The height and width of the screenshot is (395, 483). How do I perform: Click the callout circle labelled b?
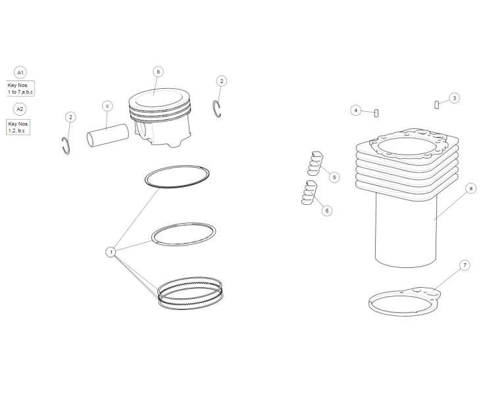tap(158, 71)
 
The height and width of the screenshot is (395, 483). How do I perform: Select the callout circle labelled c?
tap(107, 105)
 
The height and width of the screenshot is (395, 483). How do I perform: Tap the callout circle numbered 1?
tap(111, 251)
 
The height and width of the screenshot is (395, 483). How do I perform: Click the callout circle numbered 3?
tap(454, 98)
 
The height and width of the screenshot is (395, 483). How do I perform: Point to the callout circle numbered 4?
tap(355, 111)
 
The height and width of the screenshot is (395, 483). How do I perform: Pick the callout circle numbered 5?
tap(334, 177)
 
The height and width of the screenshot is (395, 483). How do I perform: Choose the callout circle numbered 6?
tap(327, 211)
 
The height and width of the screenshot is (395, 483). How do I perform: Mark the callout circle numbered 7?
tap(465, 265)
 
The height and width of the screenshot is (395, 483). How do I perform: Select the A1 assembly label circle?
tap(21, 72)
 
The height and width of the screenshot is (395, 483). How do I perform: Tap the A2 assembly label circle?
tap(21, 109)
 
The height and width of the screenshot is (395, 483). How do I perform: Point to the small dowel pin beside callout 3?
tap(437, 103)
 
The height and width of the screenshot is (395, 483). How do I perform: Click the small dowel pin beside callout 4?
tap(376, 112)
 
